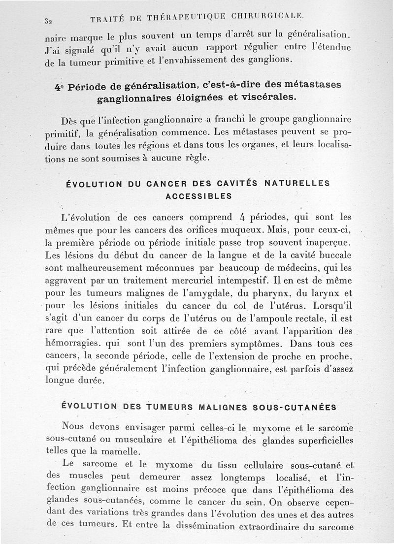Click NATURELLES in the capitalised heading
tap(298, 183)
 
